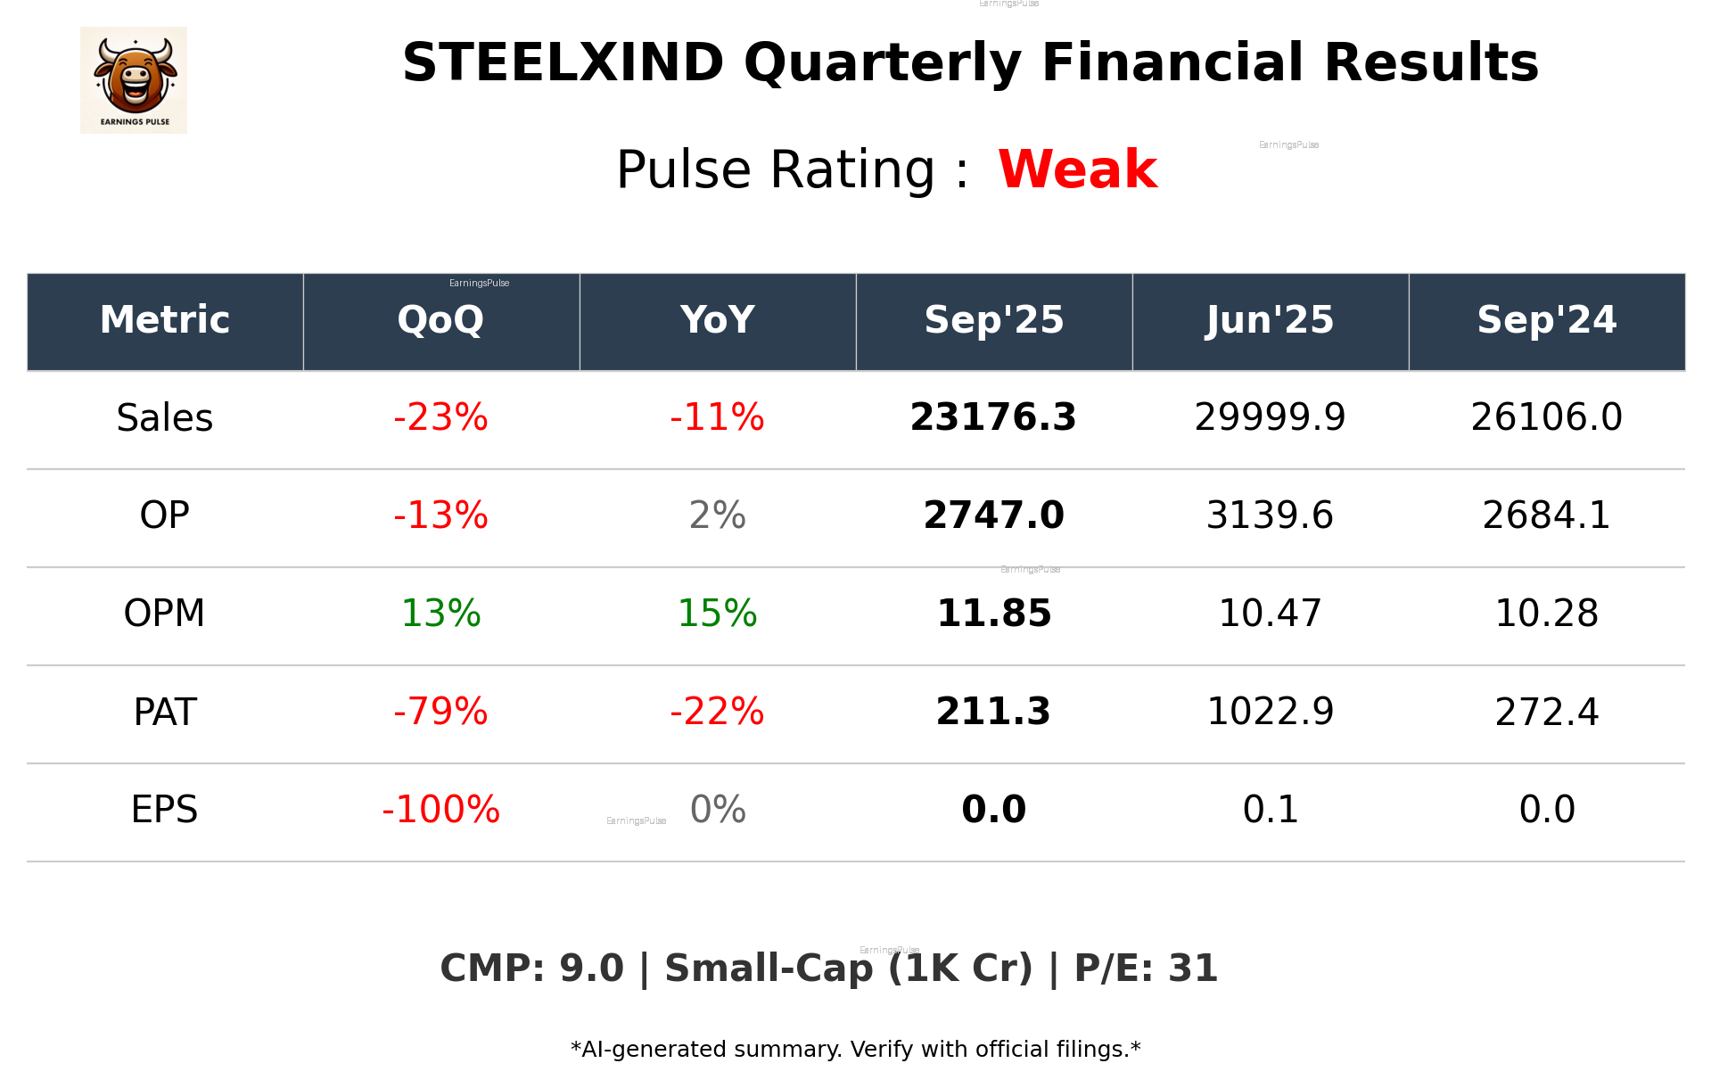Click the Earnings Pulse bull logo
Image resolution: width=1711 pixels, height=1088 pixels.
[x=134, y=80]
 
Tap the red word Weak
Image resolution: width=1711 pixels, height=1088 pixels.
[x=1077, y=169]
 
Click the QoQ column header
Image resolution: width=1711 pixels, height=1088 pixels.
[x=440, y=320]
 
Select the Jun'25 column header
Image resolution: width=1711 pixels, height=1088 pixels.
[x=1270, y=320]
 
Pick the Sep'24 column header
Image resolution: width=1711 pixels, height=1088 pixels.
[x=1546, y=320]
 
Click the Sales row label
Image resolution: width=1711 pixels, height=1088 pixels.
[x=165, y=418]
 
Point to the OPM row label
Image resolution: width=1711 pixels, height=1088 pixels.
[x=165, y=614]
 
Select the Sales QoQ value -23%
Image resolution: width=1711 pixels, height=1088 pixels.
[x=440, y=418]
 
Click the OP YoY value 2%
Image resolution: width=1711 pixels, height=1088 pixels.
[x=717, y=516]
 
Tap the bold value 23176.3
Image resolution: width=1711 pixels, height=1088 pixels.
[x=993, y=418]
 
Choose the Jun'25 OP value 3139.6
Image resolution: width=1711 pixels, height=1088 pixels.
[x=1270, y=516]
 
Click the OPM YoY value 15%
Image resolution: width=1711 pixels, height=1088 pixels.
[x=717, y=614]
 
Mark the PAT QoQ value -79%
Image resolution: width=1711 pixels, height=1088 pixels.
[x=440, y=713]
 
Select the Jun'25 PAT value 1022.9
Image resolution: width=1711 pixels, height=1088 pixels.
[x=1270, y=713]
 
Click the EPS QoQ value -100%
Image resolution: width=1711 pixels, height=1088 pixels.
[x=440, y=811]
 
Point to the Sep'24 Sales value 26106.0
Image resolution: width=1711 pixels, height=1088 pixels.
[x=1546, y=418]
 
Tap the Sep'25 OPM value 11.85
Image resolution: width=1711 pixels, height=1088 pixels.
[x=993, y=614]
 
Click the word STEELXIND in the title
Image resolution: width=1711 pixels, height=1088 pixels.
[x=563, y=63]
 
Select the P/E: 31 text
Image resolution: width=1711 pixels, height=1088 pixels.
[x=1146, y=969]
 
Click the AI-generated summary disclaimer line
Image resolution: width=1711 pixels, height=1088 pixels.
[x=855, y=1050]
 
